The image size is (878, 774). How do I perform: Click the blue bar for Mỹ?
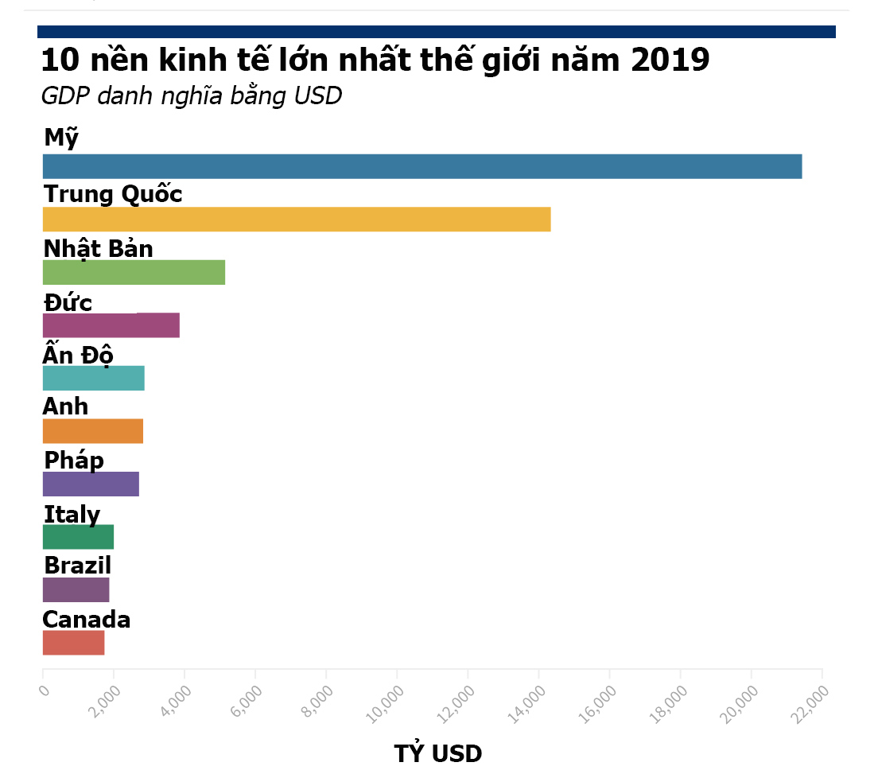pos(422,167)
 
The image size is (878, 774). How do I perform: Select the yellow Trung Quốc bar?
pos(296,220)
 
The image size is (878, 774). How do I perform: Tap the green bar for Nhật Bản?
pos(134,273)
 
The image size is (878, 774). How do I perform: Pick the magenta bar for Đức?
pos(111,325)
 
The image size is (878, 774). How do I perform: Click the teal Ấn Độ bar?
pos(93,379)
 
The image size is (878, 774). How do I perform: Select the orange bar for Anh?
pos(92,431)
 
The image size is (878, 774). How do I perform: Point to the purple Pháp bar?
pos(91,484)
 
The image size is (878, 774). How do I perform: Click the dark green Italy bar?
pos(78,537)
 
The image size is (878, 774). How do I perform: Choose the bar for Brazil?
pos(76,590)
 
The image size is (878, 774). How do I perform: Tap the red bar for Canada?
pos(73,643)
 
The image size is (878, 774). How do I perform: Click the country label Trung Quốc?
pos(113,194)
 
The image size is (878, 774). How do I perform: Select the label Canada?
pos(87,620)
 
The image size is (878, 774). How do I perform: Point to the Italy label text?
pos(72,515)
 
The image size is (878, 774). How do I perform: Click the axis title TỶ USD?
pos(437,753)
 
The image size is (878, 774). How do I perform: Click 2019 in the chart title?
pos(670,60)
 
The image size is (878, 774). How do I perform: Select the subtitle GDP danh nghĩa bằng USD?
pos(191,96)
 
